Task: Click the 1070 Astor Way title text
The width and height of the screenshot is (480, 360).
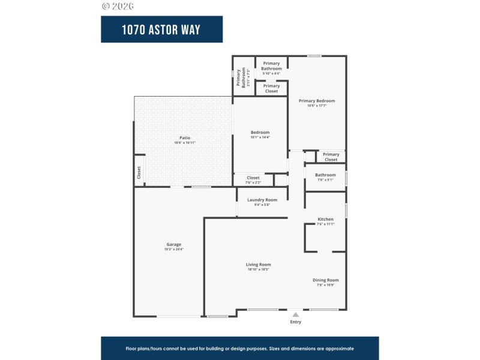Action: pos(161,29)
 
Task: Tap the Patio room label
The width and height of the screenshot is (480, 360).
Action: pos(185,138)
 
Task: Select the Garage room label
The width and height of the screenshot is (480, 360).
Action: pos(174,244)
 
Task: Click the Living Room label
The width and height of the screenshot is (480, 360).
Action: pos(258,265)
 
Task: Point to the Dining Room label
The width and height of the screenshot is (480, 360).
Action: pos(325,280)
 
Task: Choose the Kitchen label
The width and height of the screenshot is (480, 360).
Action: pos(325,219)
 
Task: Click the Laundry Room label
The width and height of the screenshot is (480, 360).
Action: pos(262,200)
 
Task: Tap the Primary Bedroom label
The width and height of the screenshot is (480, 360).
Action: pos(317,101)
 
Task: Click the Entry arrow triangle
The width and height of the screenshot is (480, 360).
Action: pos(295,314)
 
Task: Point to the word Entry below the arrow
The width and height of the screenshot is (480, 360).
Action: pos(295,322)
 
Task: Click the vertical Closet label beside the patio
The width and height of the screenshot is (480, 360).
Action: pos(139,172)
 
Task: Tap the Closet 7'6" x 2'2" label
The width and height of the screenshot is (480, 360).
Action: pos(253,179)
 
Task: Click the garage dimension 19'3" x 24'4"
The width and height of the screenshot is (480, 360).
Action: pos(174,249)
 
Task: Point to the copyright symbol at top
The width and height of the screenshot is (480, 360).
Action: pos(106,6)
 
